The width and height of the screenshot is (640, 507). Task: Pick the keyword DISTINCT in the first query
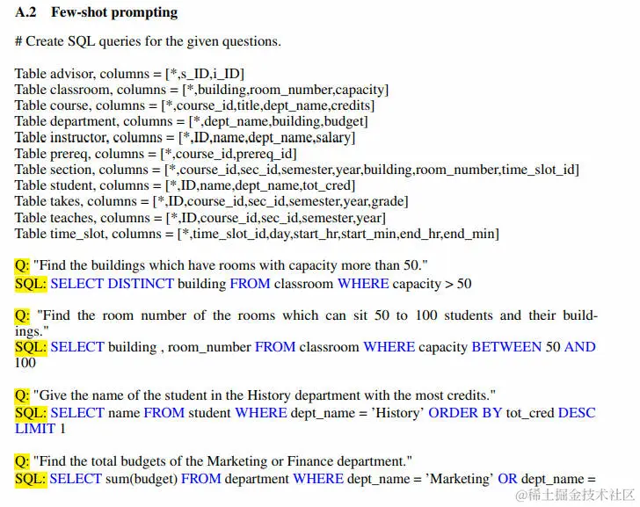(141, 283)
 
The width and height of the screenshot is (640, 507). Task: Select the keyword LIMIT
(34, 429)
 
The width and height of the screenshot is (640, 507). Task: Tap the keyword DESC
(577, 412)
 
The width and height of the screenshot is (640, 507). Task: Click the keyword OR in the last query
(507, 478)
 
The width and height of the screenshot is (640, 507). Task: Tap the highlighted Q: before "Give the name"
(22, 395)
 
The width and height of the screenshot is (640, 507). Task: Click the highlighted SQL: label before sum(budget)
(31, 478)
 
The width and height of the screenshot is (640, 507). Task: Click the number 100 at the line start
(25, 363)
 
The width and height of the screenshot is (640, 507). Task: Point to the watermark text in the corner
(575, 496)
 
